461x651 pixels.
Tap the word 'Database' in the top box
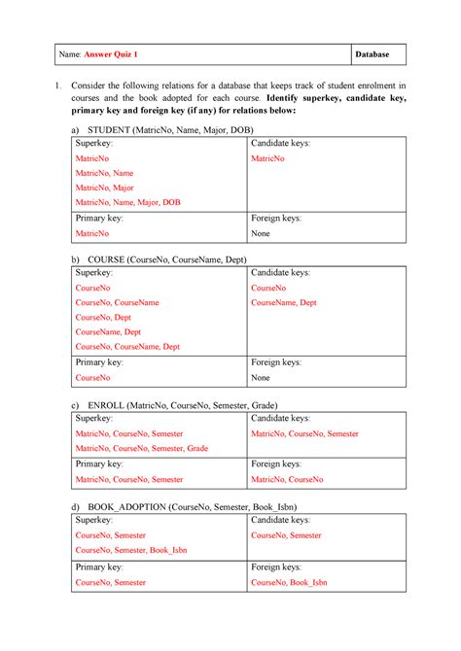[378, 54]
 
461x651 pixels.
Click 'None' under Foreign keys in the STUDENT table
[261, 234]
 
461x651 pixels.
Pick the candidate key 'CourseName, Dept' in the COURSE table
[284, 302]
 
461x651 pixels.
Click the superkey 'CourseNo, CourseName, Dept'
[127, 346]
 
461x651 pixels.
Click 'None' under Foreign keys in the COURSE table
[261, 377]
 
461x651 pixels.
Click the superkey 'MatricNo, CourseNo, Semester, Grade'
[142, 448]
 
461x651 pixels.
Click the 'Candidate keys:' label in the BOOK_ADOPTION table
[281, 521]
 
